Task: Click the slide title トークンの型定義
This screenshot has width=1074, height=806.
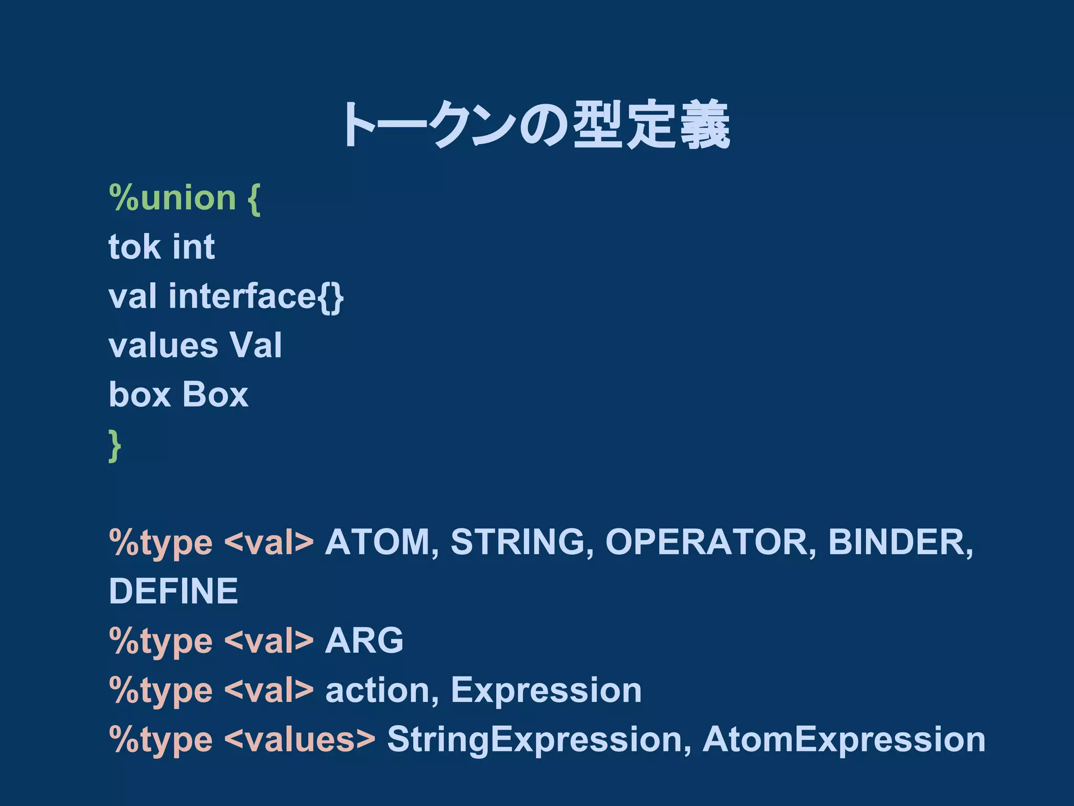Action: click(536, 125)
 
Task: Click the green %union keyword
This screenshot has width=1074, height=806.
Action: click(173, 198)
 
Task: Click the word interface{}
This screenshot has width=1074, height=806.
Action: click(256, 296)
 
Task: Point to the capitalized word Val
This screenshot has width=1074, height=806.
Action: click(256, 345)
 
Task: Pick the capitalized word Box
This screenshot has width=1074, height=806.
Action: click(215, 395)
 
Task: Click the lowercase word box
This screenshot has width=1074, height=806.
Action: click(139, 395)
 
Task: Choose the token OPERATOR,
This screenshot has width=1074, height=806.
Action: click(711, 542)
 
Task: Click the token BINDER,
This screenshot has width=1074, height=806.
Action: click(900, 542)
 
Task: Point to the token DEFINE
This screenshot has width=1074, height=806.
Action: click(174, 591)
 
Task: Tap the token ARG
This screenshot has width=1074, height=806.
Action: click(364, 641)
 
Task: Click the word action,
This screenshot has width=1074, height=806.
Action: click(382, 690)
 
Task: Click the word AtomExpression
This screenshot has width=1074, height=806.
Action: click(844, 739)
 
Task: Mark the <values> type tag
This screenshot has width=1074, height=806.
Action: click(300, 739)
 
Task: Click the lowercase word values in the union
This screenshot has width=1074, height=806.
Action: click(163, 345)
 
